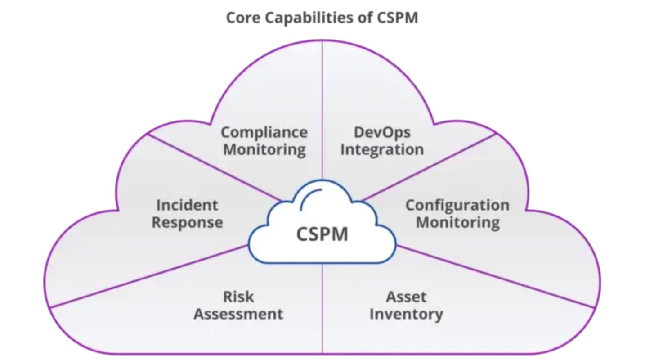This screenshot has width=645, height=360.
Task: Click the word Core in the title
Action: point(241,18)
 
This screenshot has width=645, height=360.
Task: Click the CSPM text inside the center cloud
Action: point(322,234)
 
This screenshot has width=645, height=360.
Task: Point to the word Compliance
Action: point(264,132)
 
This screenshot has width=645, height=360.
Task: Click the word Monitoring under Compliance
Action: point(264,149)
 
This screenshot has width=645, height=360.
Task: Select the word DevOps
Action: point(382,132)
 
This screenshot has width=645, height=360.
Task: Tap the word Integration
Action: point(382,149)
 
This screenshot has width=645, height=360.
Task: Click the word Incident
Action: point(187,205)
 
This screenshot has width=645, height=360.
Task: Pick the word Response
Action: point(187,222)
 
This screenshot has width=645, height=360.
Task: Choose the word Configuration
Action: point(457,205)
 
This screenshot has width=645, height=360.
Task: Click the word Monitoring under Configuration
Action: point(457,222)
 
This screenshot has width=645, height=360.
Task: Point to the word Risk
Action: point(238,297)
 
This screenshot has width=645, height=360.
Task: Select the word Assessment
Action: point(238,314)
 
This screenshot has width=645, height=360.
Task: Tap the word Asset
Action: point(406,297)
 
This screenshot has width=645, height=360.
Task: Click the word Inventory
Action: point(406,314)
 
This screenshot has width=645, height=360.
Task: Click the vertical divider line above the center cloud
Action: point(322,112)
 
